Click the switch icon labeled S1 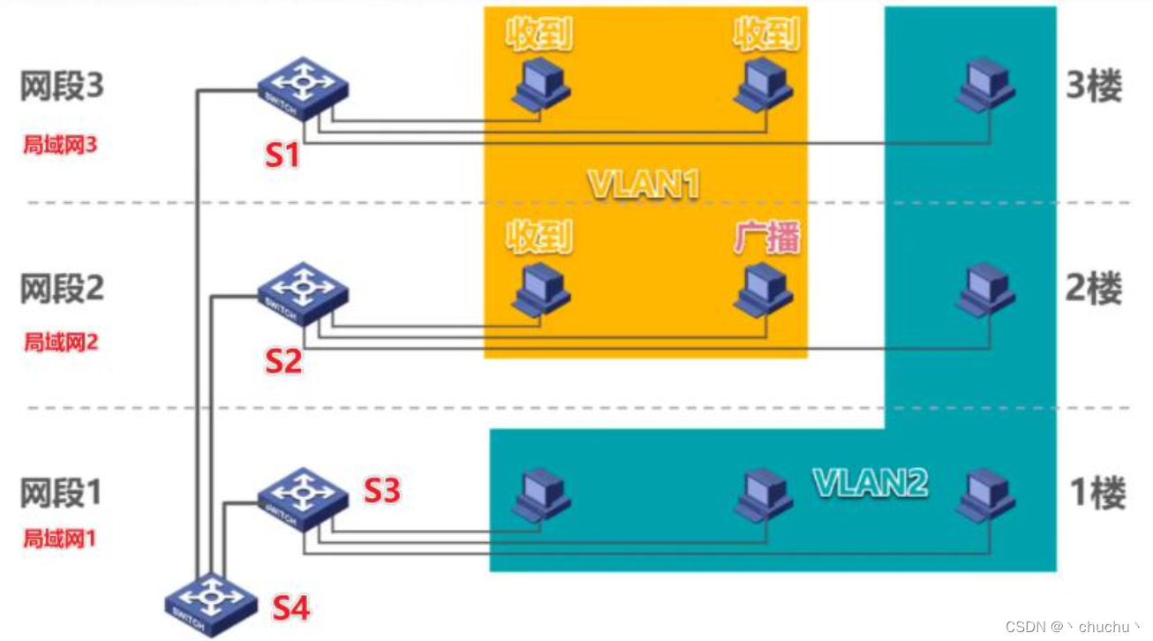[303, 88]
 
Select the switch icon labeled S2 [303, 291]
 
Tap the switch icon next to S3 [303, 498]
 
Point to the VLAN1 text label [644, 185]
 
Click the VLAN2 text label [870, 482]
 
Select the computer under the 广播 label [764, 290]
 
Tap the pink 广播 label [766, 238]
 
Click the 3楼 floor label [1095, 87]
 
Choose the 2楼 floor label [1095, 289]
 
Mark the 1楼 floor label [1097, 493]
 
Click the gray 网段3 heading [63, 87]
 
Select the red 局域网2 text [61, 342]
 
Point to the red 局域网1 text [59, 538]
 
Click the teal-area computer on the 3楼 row [986, 85]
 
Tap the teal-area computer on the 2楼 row [986, 288]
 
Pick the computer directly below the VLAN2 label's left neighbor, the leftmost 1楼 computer [540, 495]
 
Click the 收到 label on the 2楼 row [539, 238]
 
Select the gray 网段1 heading [62, 493]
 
